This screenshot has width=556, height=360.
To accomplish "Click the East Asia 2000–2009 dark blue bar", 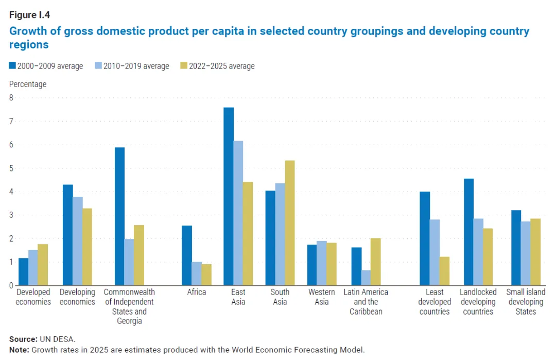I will click(229, 196).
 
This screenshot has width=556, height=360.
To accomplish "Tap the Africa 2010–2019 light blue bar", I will click(197, 273).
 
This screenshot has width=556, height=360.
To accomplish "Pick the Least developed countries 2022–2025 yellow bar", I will click(444, 271).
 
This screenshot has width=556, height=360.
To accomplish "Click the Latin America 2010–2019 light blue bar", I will click(366, 278).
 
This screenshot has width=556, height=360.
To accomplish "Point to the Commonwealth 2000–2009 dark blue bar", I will click(119, 216).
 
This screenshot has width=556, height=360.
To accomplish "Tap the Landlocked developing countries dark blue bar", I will click(468, 232).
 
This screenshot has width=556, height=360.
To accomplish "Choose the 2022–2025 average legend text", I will click(222, 66).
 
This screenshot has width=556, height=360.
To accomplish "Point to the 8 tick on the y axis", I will click(11, 97).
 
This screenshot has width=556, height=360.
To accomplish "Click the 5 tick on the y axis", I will click(11, 168).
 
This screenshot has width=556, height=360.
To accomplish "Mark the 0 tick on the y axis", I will click(11, 285).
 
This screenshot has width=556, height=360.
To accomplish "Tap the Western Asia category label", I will click(322, 297).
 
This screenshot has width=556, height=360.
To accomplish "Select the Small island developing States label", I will click(526, 302).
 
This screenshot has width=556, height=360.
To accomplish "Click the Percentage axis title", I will click(28, 84).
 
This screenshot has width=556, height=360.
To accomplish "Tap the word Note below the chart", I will click(19, 350).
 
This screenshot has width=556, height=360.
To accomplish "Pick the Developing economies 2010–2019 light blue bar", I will click(78, 241).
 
